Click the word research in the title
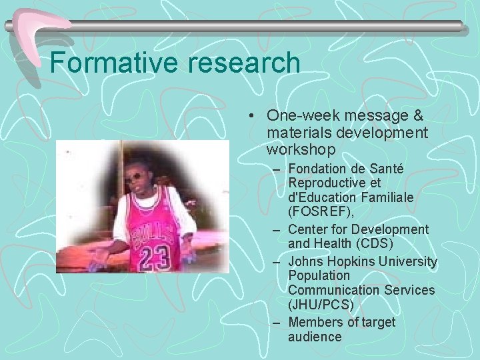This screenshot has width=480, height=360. pyautogui.click(x=245, y=63)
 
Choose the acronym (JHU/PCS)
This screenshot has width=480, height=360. pyautogui.click(x=321, y=305)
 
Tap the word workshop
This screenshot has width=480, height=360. pyautogui.click(x=301, y=149)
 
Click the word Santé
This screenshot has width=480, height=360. pyautogui.click(x=386, y=169)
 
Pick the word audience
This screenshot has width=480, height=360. pyautogui.click(x=315, y=337)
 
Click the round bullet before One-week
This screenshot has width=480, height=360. pyautogui.click(x=249, y=116)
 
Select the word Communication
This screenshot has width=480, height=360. pyautogui.click(x=334, y=290)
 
